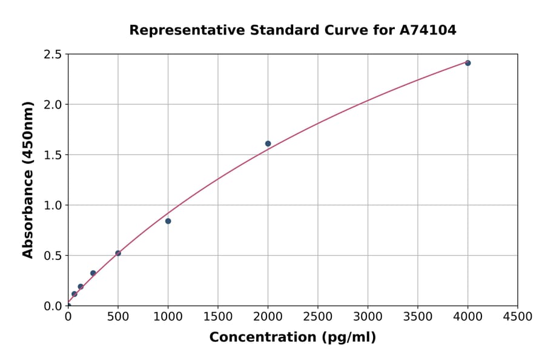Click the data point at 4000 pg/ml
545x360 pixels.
point(467,63)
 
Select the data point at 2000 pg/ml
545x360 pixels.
point(268,144)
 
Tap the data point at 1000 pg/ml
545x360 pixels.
point(168,221)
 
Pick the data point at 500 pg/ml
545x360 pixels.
point(118,253)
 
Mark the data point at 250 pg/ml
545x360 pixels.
point(93,273)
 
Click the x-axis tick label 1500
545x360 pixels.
point(218,317)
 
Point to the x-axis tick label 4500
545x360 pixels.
point(517,317)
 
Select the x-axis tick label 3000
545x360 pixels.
point(368,317)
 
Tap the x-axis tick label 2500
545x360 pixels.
point(318,317)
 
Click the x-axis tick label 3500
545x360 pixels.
point(418,317)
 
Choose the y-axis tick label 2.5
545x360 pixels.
point(53,55)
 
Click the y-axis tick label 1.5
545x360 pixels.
point(53,155)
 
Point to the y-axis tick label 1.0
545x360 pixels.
point(53,205)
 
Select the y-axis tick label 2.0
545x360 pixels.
point(53,105)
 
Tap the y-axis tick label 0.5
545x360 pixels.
point(53,256)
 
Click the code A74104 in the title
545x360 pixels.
point(428,30)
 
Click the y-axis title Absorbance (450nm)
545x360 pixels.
point(28,180)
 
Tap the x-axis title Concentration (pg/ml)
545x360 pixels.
point(292,338)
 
